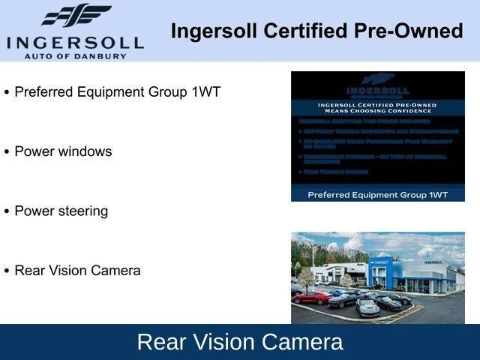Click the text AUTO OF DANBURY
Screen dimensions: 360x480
tap(75, 55)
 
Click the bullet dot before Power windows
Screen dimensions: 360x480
tap(7, 152)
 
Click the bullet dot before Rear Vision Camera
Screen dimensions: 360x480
tap(7, 271)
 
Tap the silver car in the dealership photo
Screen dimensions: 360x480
tap(367, 307)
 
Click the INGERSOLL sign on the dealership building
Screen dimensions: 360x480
tap(433, 262)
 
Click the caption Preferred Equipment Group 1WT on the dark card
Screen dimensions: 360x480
tap(378, 194)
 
